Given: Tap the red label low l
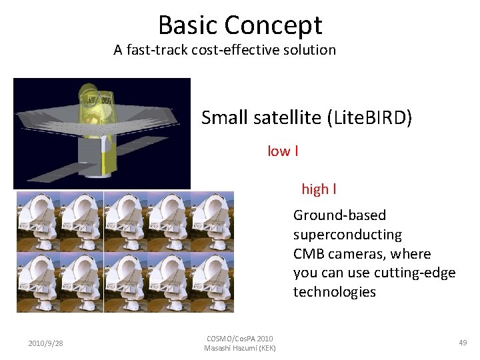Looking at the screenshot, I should pyautogui.click(x=282, y=151).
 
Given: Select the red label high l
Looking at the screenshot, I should pyautogui.click(x=319, y=189).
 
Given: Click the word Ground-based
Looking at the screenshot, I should pyautogui.click(x=339, y=215).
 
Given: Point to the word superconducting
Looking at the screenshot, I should pyautogui.click(x=347, y=235).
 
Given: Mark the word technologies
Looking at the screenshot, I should pyautogui.click(x=334, y=292).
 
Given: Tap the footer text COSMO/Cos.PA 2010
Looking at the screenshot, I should pyautogui.click(x=239, y=339).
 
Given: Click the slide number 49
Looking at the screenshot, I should pyautogui.click(x=463, y=343).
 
